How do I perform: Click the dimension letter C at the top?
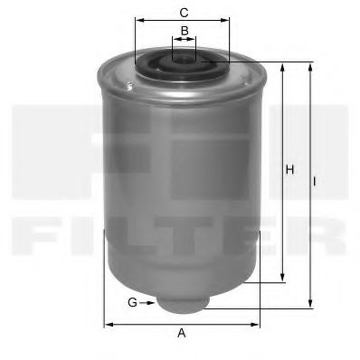(x=184, y=13)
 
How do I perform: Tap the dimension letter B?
(x=185, y=31)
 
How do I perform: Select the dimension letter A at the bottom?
(x=182, y=333)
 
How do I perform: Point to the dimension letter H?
(x=289, y=169)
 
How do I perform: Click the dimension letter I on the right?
(x=314, y=182)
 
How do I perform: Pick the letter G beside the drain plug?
(x=132, y=302)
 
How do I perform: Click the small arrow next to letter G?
(x=148, y=303)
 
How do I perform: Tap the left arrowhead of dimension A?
(x=109, y=325)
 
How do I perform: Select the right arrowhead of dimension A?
(x=255, y=325)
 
